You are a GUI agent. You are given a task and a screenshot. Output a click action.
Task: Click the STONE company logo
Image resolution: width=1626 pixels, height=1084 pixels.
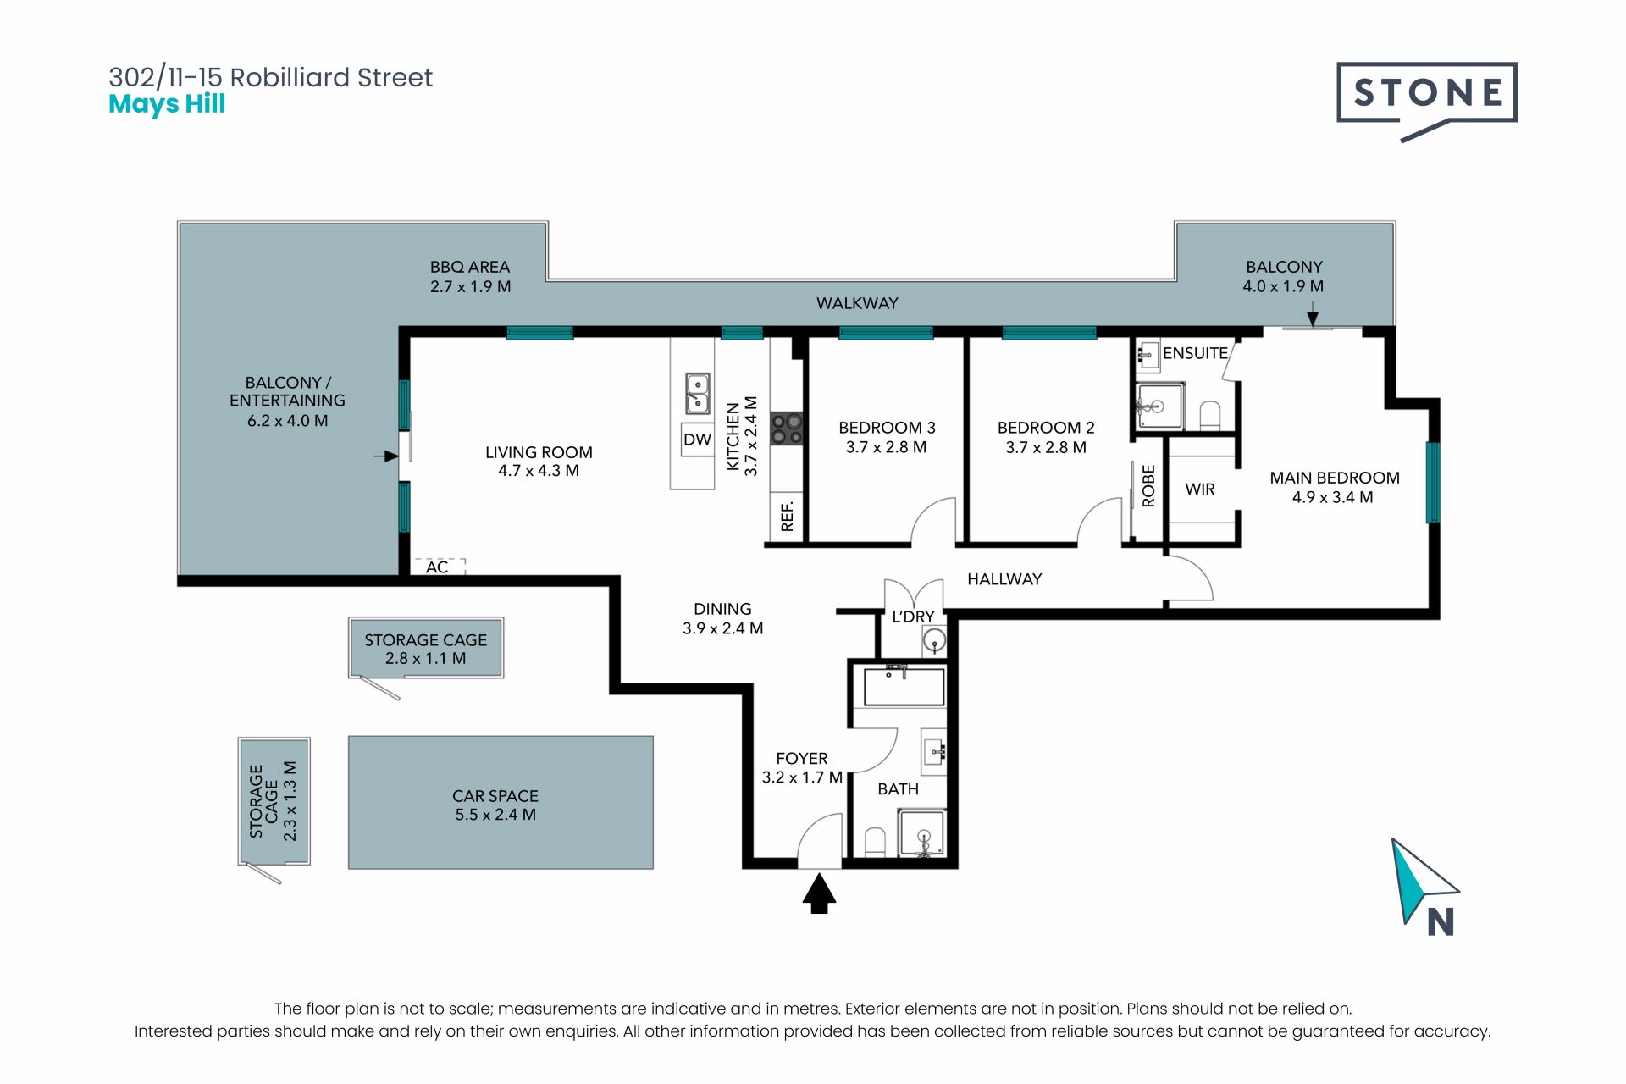(1426, 97)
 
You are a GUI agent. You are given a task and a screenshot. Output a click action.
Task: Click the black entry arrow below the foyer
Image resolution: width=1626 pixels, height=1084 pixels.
(819, 894)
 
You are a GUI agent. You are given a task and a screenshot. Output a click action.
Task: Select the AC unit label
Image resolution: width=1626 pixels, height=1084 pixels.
(437, 567)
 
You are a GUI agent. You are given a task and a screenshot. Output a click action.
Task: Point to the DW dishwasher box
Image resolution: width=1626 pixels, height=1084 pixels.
(698, 440)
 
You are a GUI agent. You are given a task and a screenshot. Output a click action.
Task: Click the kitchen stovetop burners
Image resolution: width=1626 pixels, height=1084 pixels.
(787, 428)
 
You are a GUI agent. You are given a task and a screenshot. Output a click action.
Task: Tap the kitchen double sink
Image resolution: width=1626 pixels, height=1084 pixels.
(698, 394)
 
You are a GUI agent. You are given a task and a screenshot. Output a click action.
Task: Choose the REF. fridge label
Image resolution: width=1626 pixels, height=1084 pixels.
(788, 517)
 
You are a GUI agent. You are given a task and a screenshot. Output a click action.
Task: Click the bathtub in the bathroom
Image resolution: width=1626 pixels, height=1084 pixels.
(904, 686)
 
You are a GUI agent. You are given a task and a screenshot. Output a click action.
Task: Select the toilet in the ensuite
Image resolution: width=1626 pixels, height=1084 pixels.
(1210, 415)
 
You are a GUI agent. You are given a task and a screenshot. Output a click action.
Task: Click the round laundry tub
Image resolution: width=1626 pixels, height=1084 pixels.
(934, 640)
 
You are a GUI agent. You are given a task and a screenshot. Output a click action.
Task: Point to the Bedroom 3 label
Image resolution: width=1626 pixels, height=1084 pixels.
(887, 428)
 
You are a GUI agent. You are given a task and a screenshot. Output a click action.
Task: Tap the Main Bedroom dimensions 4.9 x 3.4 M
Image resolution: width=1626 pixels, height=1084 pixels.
(1333, 498)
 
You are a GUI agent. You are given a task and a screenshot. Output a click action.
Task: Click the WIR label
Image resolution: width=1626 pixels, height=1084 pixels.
(1200, 489)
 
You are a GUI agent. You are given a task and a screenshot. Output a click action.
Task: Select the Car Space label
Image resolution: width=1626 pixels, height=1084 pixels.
(495, 796)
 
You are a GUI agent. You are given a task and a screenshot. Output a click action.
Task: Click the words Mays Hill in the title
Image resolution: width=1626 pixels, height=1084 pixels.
(167, 104)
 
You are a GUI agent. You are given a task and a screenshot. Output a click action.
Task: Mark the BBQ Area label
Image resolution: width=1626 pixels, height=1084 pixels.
(470, 267)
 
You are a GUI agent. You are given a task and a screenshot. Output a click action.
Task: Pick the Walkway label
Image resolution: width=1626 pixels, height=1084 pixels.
(857, 303)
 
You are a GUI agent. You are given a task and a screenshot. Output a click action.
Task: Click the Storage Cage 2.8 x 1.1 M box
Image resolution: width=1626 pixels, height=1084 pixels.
(426, 648)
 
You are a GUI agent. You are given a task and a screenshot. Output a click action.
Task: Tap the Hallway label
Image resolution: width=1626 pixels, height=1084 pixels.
(1004, 579)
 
